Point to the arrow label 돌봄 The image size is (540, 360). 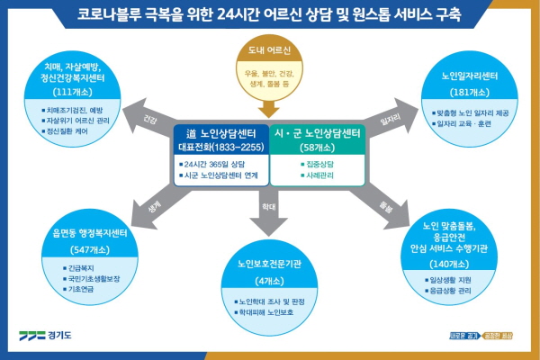[x=388, y=204]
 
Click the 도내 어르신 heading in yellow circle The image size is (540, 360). [x=270, y=52]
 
